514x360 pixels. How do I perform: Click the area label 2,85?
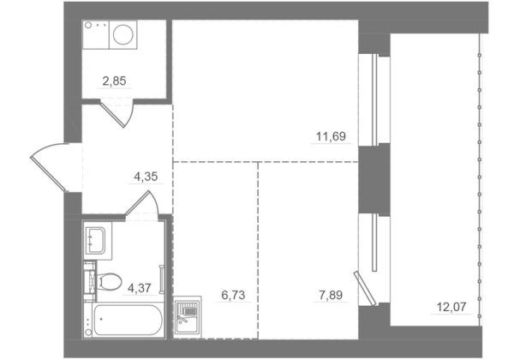point(114,81)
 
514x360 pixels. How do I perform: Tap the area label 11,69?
point(331,136)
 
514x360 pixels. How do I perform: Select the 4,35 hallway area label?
point(146,177)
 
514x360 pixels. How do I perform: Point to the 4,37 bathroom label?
point(140,288)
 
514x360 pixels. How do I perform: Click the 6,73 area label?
point(233,295)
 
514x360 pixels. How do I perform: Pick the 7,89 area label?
point(331,295)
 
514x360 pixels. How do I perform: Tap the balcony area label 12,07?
point(451,307)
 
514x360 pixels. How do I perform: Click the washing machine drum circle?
point(123,34)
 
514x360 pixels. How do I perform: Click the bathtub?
point(124,321)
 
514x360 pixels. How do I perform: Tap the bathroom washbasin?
point(96,241)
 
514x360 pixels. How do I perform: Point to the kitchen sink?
point(187,315)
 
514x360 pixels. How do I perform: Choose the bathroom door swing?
point(142,202)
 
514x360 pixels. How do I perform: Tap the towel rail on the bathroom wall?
point(162,279)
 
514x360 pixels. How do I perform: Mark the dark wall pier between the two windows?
point(374,179)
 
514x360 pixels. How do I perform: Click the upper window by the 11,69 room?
point(374,100)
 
